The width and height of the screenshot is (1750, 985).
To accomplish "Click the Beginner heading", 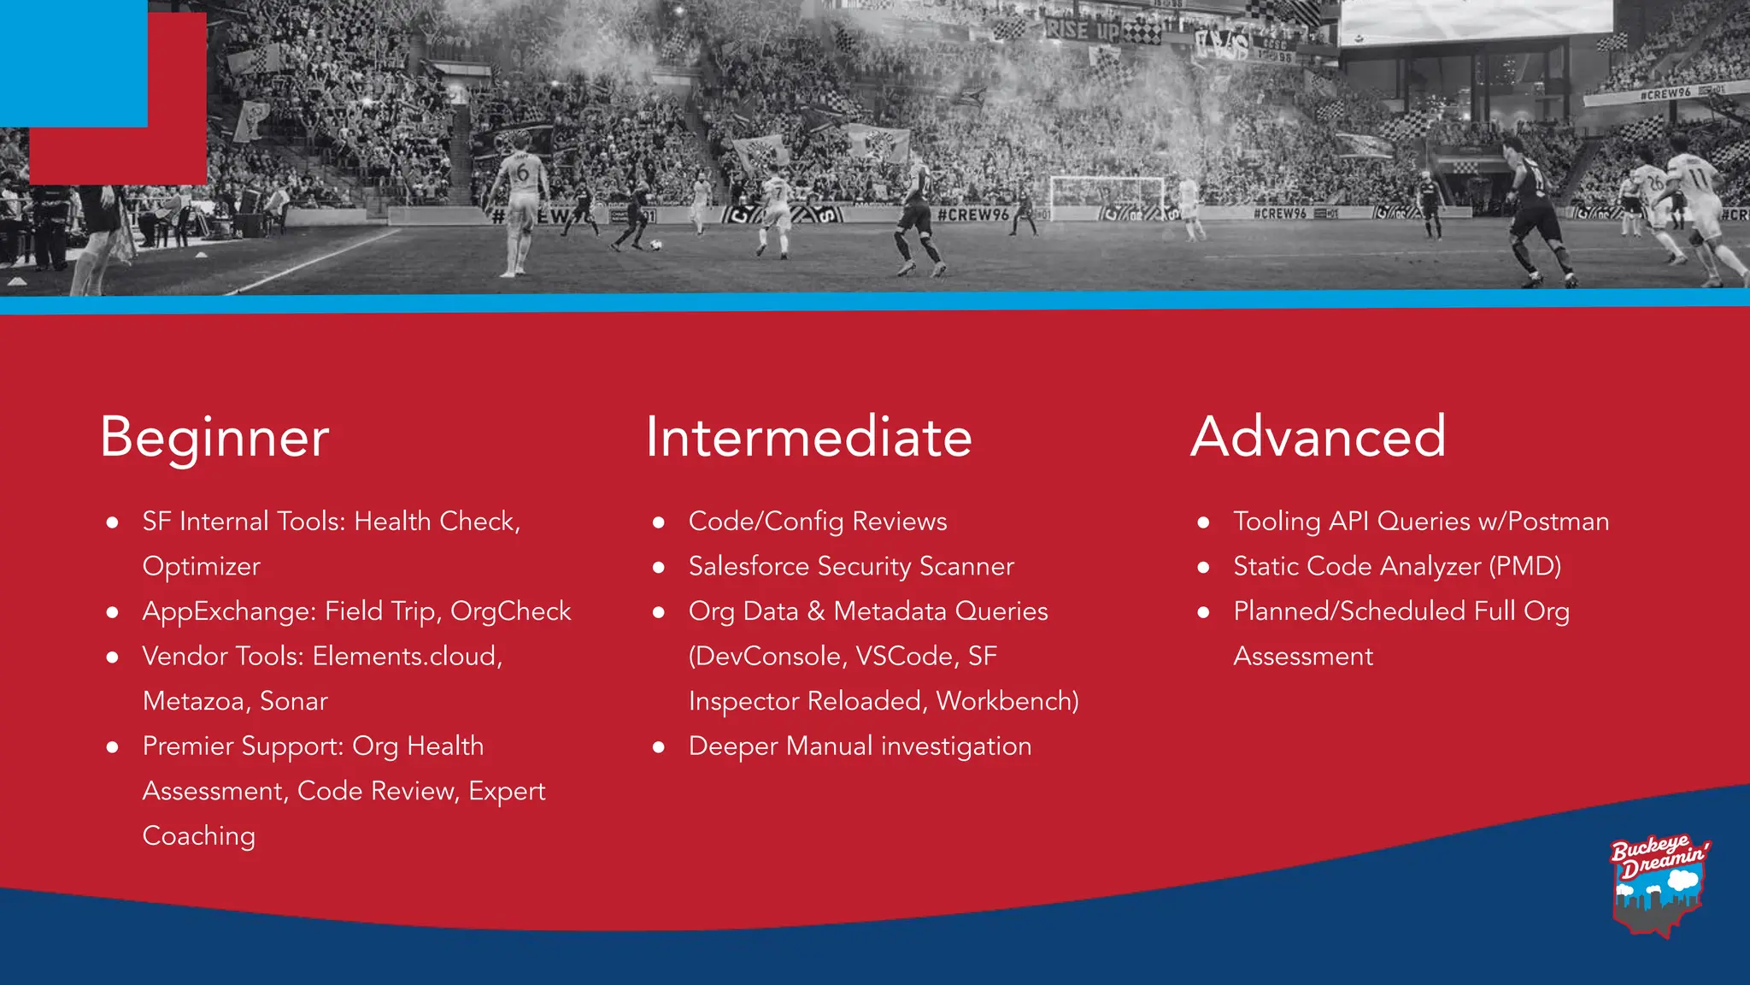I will pos(214,437).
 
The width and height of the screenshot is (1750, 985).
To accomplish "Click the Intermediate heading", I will pos(808,437).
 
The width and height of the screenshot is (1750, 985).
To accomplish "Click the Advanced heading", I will pos(1318,437).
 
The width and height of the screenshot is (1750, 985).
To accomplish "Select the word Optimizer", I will pos(201,566).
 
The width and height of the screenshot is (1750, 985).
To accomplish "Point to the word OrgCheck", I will pos(510,611).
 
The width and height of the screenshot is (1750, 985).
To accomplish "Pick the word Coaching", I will pos(198,836).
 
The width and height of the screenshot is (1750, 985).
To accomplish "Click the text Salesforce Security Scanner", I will pos(851,566).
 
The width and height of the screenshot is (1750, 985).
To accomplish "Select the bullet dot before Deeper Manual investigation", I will pos(658,747).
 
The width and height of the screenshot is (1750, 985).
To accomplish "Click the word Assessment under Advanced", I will pos(1303,657).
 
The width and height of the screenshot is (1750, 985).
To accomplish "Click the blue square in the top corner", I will pos(73,62).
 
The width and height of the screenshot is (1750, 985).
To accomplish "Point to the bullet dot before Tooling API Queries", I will pos(1203,522).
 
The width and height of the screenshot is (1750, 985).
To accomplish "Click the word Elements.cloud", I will pos(405,657).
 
